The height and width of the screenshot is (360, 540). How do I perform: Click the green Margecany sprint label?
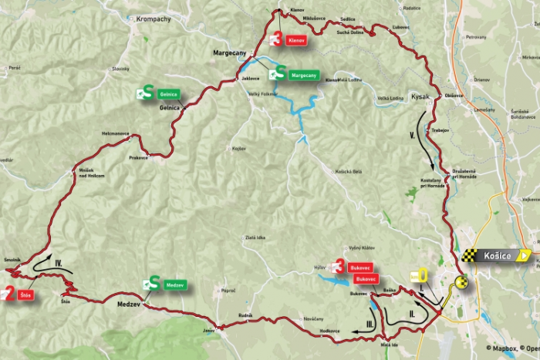click(x=303, y=76)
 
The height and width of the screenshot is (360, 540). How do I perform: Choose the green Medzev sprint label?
click(x=175, y=285)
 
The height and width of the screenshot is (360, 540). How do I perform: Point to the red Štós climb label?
click(x=25, y=294)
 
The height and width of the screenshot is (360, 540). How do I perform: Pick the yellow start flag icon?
click(x=420, y=275)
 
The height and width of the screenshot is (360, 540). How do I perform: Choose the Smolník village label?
click(x=12, y=261)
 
